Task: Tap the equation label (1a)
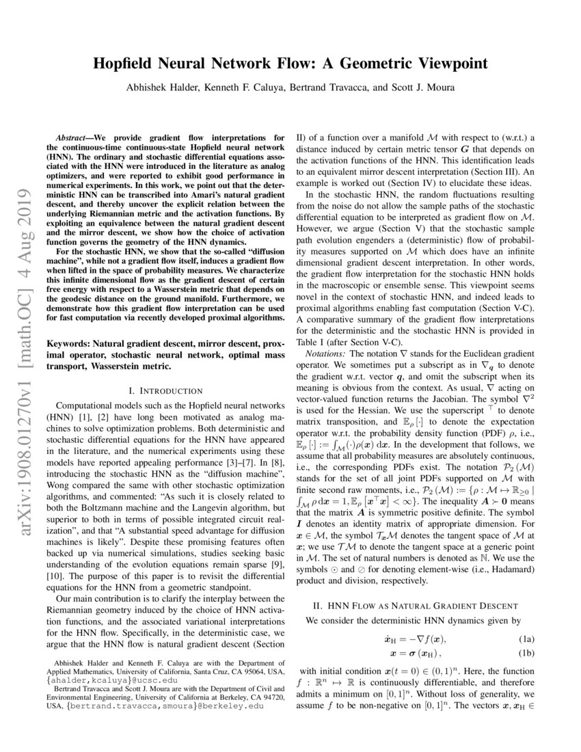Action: coord(524,639)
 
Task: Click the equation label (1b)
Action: coord(524,654)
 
